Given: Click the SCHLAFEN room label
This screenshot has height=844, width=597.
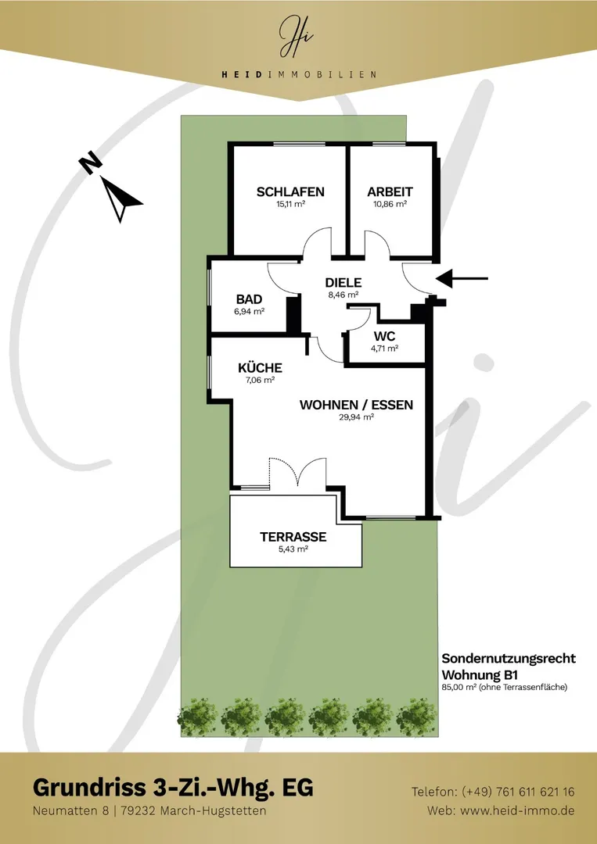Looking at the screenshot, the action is click(x=290, y=191).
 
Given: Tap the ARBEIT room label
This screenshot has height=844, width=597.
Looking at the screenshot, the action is click(x=390, y=191).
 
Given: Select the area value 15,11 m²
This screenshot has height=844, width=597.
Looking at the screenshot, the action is click(x=290, y=205).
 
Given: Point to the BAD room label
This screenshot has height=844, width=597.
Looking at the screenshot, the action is click(x=249, y=299).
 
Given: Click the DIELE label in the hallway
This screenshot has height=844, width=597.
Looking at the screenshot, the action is click(x=343, y=283).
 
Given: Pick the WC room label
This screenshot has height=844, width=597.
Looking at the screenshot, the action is click(x=385, y=336).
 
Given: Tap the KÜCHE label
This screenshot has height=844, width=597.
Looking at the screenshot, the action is click(x=261, y=367).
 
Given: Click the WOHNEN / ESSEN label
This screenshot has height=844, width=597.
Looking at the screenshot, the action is click(x=356, y=405).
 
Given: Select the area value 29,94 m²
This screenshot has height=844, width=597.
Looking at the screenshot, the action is click(x=357, y=417).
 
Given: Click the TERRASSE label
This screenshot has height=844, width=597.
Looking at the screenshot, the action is click(x=293, y=537).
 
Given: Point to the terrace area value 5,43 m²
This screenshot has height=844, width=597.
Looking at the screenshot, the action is click(x=293, y=549).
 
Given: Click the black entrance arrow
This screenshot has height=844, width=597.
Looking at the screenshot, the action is click(x=462, y=279).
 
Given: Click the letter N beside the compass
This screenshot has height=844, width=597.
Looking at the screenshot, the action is click(x=91, y=163).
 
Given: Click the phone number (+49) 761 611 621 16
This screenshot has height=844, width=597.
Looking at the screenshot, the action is click(x=518, y=792).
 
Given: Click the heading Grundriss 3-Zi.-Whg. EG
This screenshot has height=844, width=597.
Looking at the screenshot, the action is click(x=173, y=788).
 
